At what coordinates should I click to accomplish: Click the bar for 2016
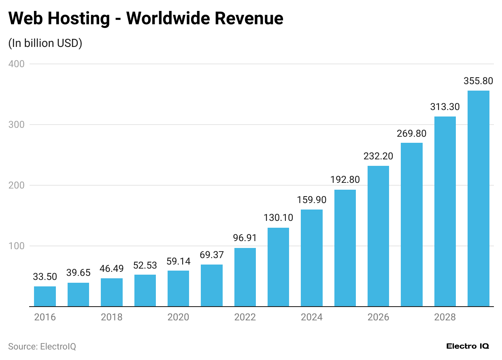point(45,296)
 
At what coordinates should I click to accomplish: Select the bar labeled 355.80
point(478,199)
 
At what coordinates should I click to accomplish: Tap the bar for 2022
point(245,277)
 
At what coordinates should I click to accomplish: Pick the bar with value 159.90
point(312,258)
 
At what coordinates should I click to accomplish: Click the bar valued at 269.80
point(412,224)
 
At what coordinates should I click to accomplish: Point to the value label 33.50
point(45,277)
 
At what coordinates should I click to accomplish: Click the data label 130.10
point(278,218)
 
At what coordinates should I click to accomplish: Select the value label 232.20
point(378,156)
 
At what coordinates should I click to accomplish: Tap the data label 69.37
point(212,255)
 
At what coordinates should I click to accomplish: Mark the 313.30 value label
point(445,107)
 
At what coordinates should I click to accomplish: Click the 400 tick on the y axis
point(16,64)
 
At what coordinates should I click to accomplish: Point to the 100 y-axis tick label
point(16,246)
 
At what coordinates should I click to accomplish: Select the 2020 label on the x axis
point(178,317)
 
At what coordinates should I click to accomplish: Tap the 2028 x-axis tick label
point(445,317)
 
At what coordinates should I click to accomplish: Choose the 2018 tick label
point(112,317)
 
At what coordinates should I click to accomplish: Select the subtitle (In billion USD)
point(45,43)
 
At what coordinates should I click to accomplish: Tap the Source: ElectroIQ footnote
point(42,347)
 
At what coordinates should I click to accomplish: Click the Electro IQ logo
point(468,346)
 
